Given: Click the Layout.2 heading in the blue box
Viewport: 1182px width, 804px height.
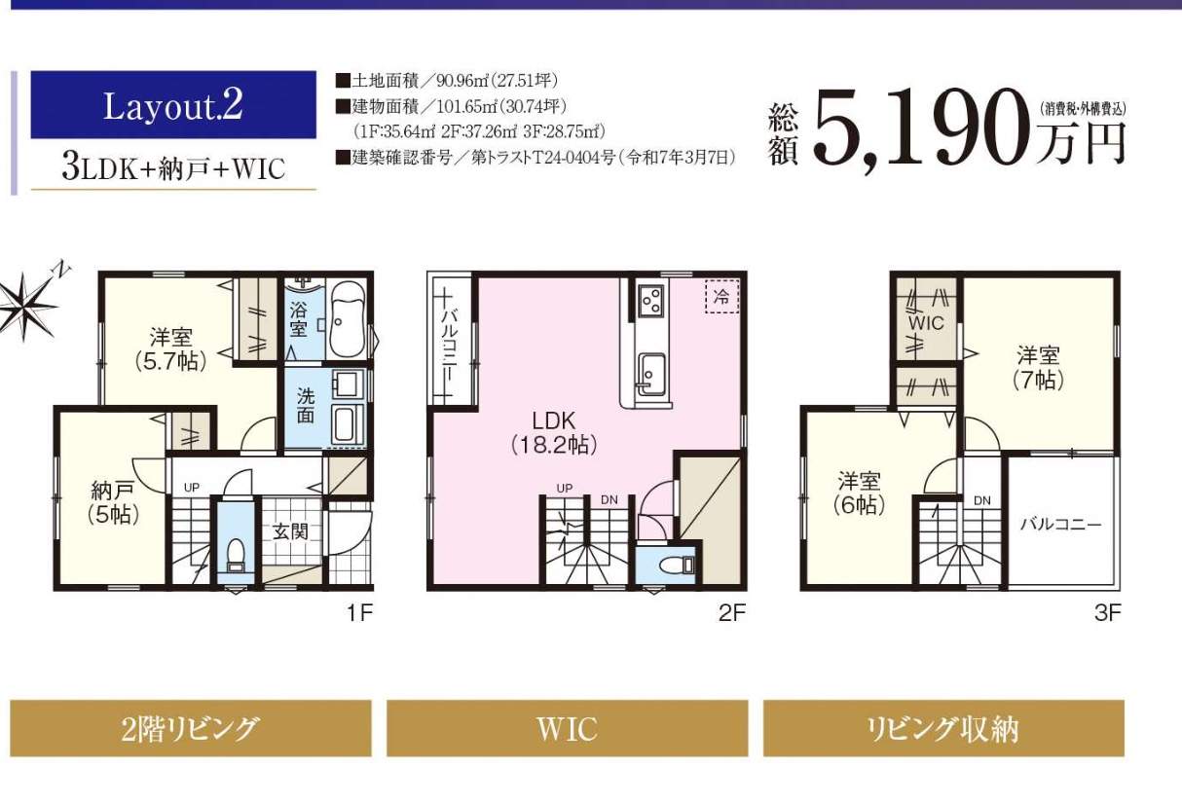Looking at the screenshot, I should [x=173, y=106].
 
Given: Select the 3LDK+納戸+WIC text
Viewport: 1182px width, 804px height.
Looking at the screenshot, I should [x=173, y=167].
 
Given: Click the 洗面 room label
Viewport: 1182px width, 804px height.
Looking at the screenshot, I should [x=306, y=406].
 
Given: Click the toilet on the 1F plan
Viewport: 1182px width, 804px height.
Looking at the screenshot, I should [x=234, y=555].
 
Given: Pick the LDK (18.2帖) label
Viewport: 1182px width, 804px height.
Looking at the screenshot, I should [x=554, y=432].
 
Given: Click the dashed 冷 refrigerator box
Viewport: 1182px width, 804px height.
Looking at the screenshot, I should [x=720, y=296].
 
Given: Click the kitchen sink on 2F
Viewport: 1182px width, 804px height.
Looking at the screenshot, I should [x=648, y=371].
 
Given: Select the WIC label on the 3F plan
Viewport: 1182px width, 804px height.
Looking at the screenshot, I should [x=926, y=323].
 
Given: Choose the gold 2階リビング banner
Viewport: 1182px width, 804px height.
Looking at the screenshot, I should [x=191, y=728].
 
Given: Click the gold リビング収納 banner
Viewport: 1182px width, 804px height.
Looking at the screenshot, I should [x=943, y=728].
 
